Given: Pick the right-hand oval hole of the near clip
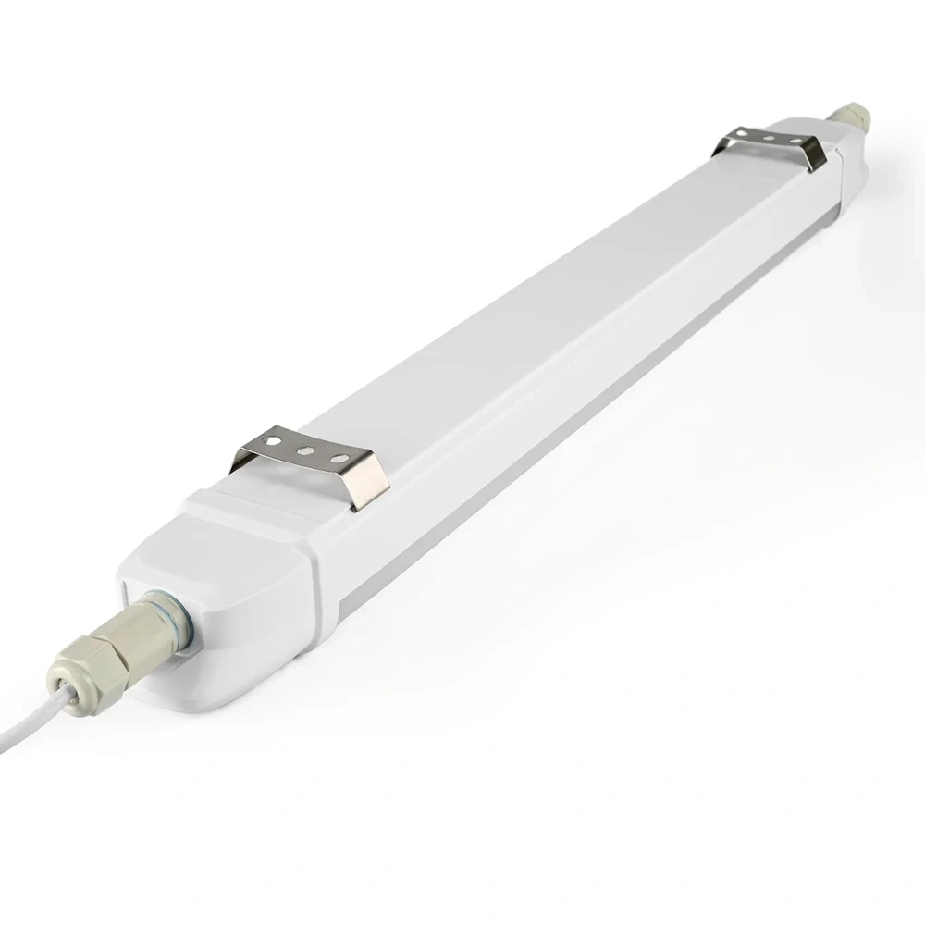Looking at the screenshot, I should (339, 458).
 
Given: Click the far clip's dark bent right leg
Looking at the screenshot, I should (812, 154).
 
